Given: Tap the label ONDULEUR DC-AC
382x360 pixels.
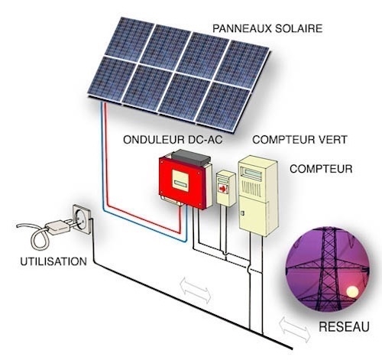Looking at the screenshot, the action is pos(173,140).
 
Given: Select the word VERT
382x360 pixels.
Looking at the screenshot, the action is pos(331,140).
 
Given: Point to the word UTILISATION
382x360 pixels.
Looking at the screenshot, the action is pos(53,261).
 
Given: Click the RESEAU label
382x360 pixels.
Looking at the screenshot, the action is pos(344,327).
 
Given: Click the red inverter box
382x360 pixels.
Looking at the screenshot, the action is pos(184,182).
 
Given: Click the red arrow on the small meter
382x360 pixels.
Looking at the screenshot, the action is pos(223,189).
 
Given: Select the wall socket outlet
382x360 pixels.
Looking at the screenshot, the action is pos(82,219).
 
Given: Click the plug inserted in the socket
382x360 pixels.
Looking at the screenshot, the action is pos(60,227).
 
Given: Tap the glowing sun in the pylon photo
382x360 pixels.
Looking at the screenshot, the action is pos(353,292).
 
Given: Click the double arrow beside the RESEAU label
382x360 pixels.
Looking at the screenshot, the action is pos(295,329).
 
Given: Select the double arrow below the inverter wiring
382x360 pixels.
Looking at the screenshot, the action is pos(196,290).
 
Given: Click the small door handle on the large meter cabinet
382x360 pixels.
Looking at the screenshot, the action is pos(242,213).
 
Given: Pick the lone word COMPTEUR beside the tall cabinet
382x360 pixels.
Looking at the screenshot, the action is pos(321,169).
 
